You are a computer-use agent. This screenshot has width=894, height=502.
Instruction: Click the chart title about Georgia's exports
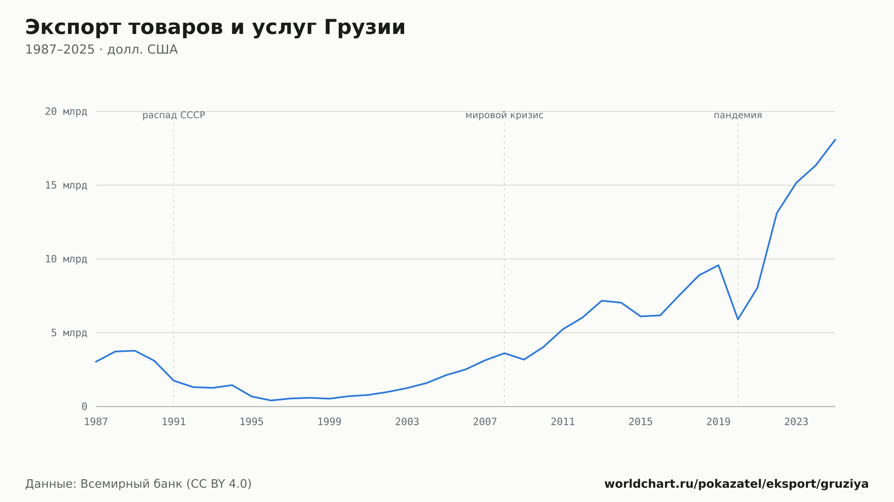(x=215, y=28)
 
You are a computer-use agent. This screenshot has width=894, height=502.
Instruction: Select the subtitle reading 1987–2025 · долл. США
(x=101, y=50)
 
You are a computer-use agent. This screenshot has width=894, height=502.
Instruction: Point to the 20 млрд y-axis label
(x=66, y=112)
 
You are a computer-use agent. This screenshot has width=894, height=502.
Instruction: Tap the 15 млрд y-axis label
(x=66, y=185)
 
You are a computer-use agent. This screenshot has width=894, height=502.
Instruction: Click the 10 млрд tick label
(x=66, y=259)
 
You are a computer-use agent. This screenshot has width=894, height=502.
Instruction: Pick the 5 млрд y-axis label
(x=69, y=333)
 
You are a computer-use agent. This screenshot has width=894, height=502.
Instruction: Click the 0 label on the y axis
(x=84, y=406)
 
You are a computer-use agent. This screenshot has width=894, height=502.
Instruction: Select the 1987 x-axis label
(x=96, y=422)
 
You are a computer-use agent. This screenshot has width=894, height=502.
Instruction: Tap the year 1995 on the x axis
(x=252, y=422)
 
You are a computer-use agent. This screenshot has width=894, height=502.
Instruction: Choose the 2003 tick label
(x=407, y=422)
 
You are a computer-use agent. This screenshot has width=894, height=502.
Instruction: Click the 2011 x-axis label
(x=563, y=422)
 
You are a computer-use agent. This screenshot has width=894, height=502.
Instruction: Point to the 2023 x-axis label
(x=796, y=422)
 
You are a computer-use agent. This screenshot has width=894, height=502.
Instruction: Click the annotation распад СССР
(x=174, y=115)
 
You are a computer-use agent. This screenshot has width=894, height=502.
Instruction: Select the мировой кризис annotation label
(x=505, y=115)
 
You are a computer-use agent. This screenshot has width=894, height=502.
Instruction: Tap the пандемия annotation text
(x=738, y=115)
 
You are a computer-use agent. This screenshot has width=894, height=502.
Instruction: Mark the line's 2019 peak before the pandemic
(x=718, y=265)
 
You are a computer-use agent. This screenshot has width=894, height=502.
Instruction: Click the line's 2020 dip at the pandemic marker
(x=738, y=319)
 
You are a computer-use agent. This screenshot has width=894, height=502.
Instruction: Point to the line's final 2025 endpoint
(x=835, y=140)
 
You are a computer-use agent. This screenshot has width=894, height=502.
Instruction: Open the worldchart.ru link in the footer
(x=737, y=484)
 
